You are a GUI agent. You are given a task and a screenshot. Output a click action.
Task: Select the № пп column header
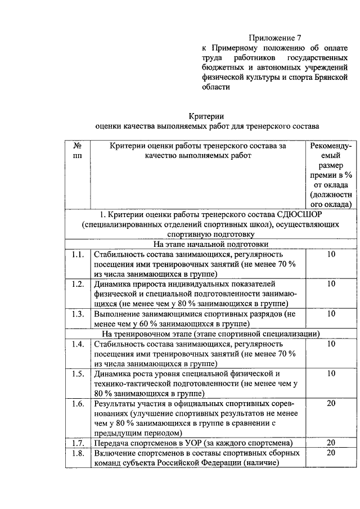click(78, 150)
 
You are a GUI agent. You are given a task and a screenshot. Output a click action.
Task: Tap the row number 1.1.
click(78, 255)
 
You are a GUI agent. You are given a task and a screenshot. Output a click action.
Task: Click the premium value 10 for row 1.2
click(331, 284)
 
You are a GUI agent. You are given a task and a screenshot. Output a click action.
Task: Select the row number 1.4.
click(78, 343)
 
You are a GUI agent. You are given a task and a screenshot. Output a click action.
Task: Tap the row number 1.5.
click(78, 373)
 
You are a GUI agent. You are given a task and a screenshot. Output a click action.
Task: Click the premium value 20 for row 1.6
click(331, 403)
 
